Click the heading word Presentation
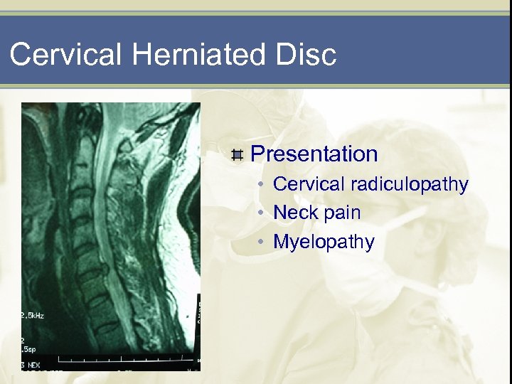(314, 154)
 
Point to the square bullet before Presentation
(238, 154)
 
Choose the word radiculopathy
(410, 185)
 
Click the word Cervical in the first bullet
(309, 185)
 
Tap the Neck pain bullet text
(316, 213)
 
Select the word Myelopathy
(324, 242)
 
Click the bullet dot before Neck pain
(262, 213)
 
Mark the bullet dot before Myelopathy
(262, 242)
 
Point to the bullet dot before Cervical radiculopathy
(262, 185)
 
